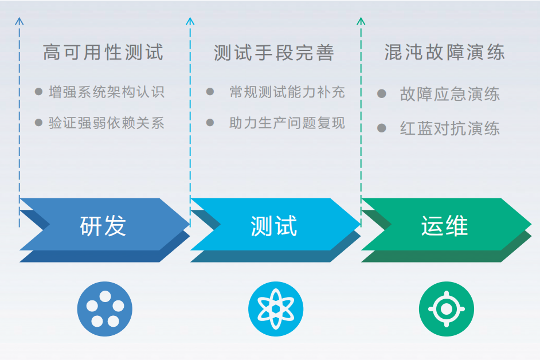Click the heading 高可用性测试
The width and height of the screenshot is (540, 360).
point(103,53)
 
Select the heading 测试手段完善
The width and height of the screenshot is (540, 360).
point(273,53)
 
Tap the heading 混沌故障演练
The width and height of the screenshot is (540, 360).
point(444,53)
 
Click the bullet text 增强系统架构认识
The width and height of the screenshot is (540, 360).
point(107,92)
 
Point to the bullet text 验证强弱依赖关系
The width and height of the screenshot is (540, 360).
point(107,123)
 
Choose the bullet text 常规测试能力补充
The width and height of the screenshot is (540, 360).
point(287,92)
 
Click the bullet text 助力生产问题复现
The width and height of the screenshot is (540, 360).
point(287,123)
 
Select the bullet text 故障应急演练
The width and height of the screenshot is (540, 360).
point(449,95)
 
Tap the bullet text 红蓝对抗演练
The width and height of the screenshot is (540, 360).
point(449,128)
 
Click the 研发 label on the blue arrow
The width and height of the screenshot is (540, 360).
point(103,226)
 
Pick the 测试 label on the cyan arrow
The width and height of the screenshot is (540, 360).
point(274,226)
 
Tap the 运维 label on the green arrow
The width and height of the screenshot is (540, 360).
point(444,226)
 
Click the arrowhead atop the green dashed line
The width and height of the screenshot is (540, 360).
point(361,21)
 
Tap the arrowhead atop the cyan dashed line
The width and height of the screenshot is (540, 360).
point(190,21)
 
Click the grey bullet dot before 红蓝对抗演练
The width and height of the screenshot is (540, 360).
point(382,128)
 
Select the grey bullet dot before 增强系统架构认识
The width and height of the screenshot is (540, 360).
point(38,91)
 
